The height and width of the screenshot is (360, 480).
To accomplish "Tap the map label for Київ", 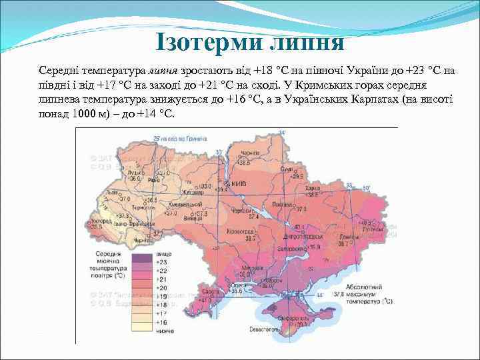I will [239, 183].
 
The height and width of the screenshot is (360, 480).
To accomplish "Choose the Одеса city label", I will [235, 285].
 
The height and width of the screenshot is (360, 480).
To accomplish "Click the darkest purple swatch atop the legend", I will [141, 255].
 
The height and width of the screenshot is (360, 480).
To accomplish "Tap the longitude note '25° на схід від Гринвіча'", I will [179, 139].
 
